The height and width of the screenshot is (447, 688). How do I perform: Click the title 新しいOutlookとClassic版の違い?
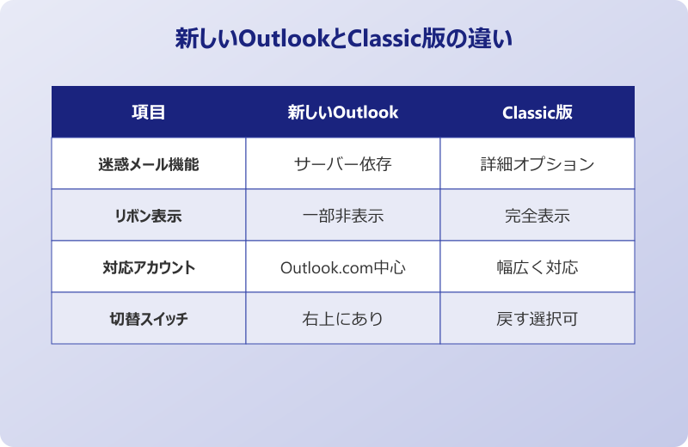point(343,40)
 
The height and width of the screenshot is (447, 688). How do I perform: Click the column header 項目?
point(149,113)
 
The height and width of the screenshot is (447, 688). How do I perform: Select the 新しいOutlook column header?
point(343,113)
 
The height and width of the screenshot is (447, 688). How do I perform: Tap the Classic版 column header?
point(537,113)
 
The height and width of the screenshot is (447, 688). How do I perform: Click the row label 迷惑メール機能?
point(149,164)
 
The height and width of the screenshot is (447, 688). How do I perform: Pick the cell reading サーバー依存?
point(343,164)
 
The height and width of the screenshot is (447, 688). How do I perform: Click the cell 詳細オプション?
point(537,164)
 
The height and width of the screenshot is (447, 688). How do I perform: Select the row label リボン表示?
point(149,216)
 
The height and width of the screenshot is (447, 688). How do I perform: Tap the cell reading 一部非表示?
point(343,216)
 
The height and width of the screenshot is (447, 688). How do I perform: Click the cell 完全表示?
point(537,216)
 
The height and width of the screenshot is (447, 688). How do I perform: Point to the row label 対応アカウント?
point(149,267)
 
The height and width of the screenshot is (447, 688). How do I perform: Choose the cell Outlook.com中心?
point(343,267)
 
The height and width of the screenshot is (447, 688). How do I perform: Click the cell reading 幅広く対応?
point(537,267)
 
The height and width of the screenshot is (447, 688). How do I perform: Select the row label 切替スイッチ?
point(149,319)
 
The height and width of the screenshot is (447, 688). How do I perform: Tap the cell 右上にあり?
point(343,319)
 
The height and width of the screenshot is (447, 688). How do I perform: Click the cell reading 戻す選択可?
point(537,319)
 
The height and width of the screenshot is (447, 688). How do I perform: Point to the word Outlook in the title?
point(280,40)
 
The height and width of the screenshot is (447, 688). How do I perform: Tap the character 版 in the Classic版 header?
point(564,113)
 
